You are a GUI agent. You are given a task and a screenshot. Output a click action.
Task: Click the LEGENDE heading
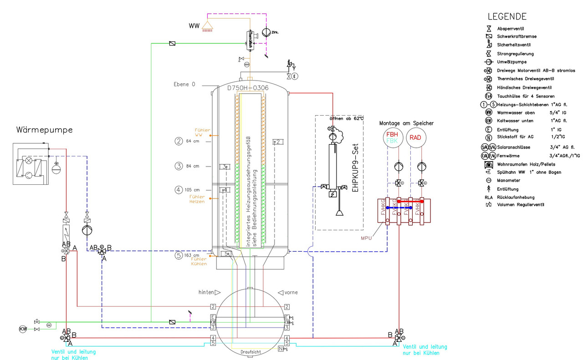click(507, 17)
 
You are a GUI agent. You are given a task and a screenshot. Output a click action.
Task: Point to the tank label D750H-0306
click(248, 88)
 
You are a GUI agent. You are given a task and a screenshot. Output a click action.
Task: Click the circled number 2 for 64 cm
click(179, 141)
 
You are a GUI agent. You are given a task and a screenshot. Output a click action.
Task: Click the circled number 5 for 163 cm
click(179, 256)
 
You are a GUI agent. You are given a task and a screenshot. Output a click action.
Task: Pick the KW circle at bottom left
click(22, 329)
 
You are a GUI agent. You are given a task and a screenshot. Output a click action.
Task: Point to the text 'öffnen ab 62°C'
click(348, 118)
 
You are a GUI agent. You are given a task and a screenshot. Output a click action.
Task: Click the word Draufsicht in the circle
click(250, 352)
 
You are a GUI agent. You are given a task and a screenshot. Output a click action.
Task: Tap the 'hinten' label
click(207, 292)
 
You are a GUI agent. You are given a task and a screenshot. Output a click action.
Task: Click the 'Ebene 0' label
click(184, 85)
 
